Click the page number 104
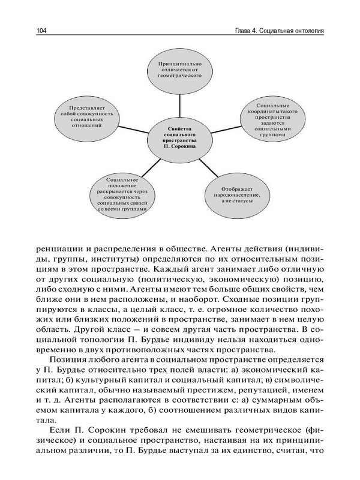coord(42,31)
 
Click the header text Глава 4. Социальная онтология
coord(272,31)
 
